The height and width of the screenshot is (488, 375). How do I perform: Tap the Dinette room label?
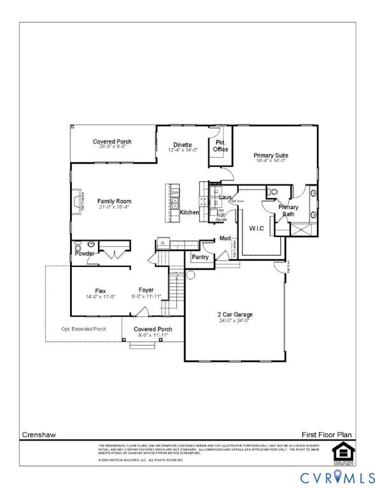click(183, 145)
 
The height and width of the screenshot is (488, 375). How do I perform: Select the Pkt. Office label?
click(221, 146)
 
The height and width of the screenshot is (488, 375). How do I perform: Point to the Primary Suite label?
click(271, 156)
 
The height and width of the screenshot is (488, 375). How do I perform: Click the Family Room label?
click(115, 201)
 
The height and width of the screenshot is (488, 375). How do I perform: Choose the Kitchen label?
click(189, 212)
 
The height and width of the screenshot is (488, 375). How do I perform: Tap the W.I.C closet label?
click(257, 228)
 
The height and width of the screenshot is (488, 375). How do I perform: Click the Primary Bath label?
click(288, 210)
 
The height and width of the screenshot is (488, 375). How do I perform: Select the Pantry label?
click(200, 257)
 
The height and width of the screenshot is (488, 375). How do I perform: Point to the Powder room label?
click(85, 254)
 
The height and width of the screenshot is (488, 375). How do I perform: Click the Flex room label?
click(101, 290)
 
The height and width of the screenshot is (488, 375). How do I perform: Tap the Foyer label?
click(146, 290)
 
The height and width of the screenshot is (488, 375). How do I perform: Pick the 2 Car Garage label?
click(235, 315)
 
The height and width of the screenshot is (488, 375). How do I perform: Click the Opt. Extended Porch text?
click(83, 329)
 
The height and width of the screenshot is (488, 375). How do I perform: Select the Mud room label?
click(225, 238)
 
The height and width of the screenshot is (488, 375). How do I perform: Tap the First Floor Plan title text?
click(326, 435)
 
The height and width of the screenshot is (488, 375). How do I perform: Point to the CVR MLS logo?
click(337, 477)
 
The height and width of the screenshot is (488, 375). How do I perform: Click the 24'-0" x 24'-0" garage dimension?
click(235, 321)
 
